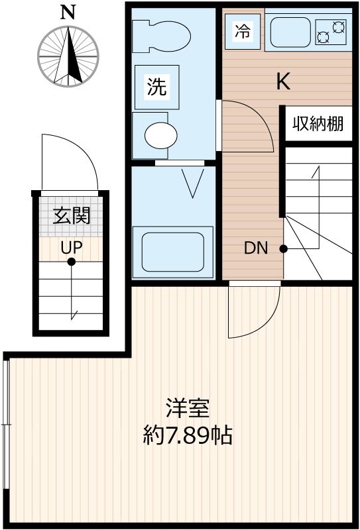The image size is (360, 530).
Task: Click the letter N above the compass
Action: [x=68, y=13]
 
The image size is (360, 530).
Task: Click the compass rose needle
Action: [x=68, y=56]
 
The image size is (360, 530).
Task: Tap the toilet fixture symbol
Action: [x=161, y=36]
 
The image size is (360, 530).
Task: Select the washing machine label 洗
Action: [x=157, y=87]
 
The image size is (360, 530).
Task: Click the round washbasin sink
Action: [x=161, y=135]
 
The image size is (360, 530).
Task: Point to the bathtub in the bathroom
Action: [x=173, y=252]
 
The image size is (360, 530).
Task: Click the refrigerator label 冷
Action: [x=243, y=32]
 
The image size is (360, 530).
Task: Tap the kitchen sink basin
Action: [x=290, y=32]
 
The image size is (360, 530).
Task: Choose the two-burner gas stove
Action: [x=331, y=32]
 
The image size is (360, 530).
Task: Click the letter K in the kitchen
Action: [x=283, y=81]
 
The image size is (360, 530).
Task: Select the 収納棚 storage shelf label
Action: [x=318, y=124]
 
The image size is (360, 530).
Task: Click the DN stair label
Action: [x=256, y=248]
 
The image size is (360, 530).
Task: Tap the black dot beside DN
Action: [x=284, y=249]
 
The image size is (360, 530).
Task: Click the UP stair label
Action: [x=72, y=248]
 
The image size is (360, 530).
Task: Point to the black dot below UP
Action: [x=71, y=262]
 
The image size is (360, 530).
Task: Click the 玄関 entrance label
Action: [x=72, y=216]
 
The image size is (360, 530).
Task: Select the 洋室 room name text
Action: [x=187, y=409]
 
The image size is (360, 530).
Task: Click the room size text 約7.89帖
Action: [x=187, y=435]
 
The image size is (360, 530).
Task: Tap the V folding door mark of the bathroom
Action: [x=192, y=183]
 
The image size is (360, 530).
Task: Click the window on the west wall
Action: [x=5, y=424]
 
